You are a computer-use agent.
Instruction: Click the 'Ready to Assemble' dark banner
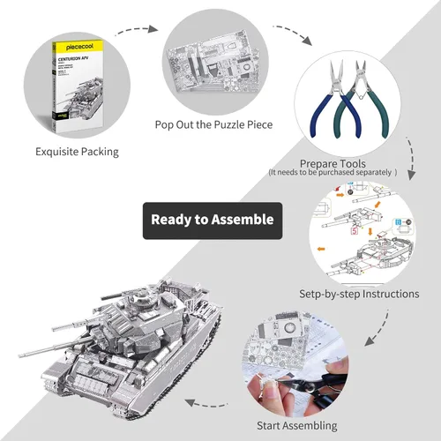pyautogui.click(x=213, y=220)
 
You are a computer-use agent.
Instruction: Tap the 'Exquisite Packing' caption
pyautogui.click(x=77, y=151)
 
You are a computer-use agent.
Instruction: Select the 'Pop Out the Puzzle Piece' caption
pyautogui.click(x=213, y=124)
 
